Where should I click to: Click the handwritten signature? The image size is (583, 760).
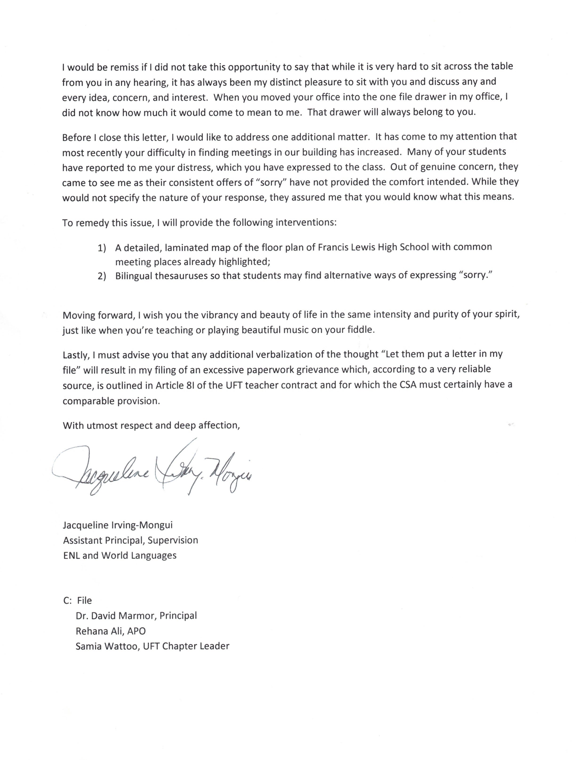coord(153,471)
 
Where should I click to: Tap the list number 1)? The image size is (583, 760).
coord(101,248)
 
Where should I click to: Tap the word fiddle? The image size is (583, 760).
coord(361,329)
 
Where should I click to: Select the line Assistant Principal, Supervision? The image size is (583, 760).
coord(131,540)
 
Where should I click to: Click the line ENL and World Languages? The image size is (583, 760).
coord(120,555)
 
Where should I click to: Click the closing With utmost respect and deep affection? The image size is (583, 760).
coord(151,426)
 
